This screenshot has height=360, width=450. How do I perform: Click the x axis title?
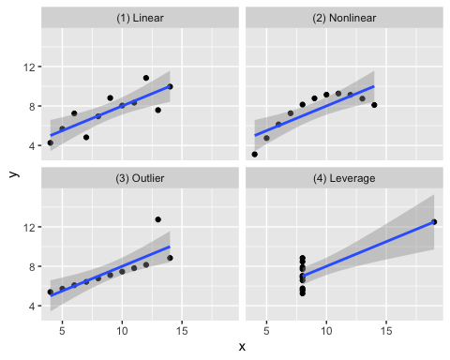point(242,347)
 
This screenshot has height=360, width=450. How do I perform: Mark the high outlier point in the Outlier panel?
point(157,219)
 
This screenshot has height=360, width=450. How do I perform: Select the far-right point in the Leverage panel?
point(434,222)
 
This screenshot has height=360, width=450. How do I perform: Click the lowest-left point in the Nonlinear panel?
point(255,154)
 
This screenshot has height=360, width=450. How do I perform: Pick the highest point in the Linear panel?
point(146,78)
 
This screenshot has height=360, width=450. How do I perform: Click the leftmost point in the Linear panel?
point(51,142)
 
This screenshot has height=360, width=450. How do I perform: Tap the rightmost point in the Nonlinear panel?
point(374,105)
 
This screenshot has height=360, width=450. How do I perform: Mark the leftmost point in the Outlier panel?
point(51,292)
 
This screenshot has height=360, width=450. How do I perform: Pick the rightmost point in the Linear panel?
point(170,86)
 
